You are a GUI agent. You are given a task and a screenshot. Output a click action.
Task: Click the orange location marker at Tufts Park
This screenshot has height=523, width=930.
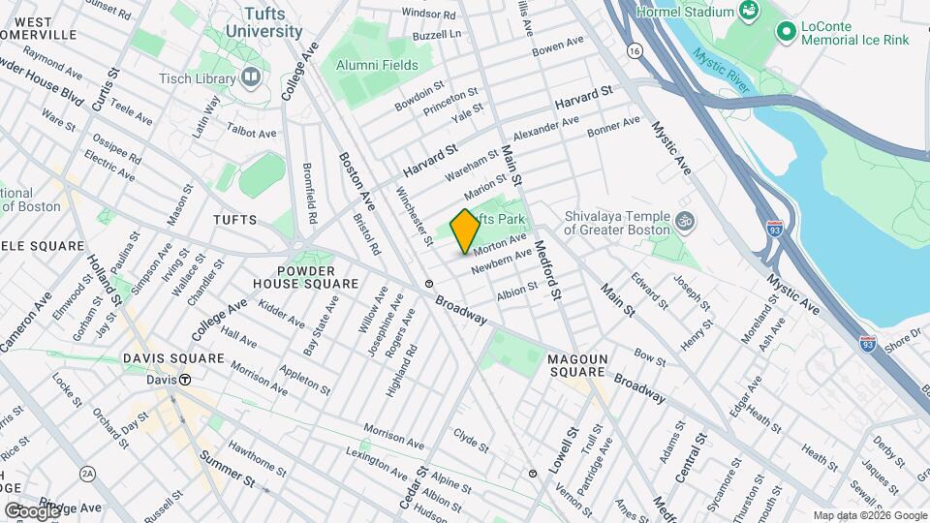click(x=464, y=231)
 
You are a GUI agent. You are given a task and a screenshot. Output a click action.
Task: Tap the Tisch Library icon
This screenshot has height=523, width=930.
click(x=252, y=76)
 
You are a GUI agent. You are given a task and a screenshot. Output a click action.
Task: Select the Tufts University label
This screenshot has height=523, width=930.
click(x=263, y=21)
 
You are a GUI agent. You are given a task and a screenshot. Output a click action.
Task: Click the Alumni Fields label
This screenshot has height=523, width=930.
click(x=377, y=65)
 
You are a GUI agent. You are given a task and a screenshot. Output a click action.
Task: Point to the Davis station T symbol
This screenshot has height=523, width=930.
click(x=183, y=380)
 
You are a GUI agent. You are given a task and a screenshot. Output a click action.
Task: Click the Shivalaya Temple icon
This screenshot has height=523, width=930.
click(x=685, y=219)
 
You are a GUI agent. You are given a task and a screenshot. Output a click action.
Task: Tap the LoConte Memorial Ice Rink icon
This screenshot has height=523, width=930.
click(x=786, y=33)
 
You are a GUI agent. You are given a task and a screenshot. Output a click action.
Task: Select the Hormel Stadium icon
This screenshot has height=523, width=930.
click(x=748, y=11)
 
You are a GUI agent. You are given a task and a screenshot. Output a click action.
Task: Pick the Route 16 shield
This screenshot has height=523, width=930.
click(x=635, y=48)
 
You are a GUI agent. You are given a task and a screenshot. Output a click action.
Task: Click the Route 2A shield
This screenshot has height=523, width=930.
click(x=88, y=473)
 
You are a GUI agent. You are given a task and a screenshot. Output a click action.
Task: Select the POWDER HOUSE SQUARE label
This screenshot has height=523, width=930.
click(x=305, y=277)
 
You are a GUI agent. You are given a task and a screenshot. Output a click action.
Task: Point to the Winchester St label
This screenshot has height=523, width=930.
click(x=414, y=216)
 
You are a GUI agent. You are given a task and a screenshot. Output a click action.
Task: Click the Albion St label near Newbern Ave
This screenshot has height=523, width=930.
click(x=517, y=290)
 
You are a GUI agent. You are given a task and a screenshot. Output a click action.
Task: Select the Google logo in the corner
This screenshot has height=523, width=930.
click(x=32, y=510)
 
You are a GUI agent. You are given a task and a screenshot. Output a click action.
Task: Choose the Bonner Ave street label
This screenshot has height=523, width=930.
click(x=614, y=128)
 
